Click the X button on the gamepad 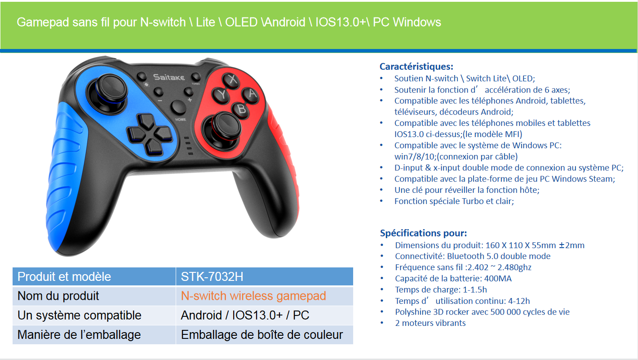(231, 80)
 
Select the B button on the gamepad (241, 109)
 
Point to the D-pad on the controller (150, 134)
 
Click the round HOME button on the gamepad (178, 107)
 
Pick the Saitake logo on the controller (169, 77)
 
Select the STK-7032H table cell (264, 276)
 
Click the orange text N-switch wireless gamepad (253, 296)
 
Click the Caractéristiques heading (416, 67)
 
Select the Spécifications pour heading (423, 233)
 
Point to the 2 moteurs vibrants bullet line (430, 323)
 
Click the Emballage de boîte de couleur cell (262, 335)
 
